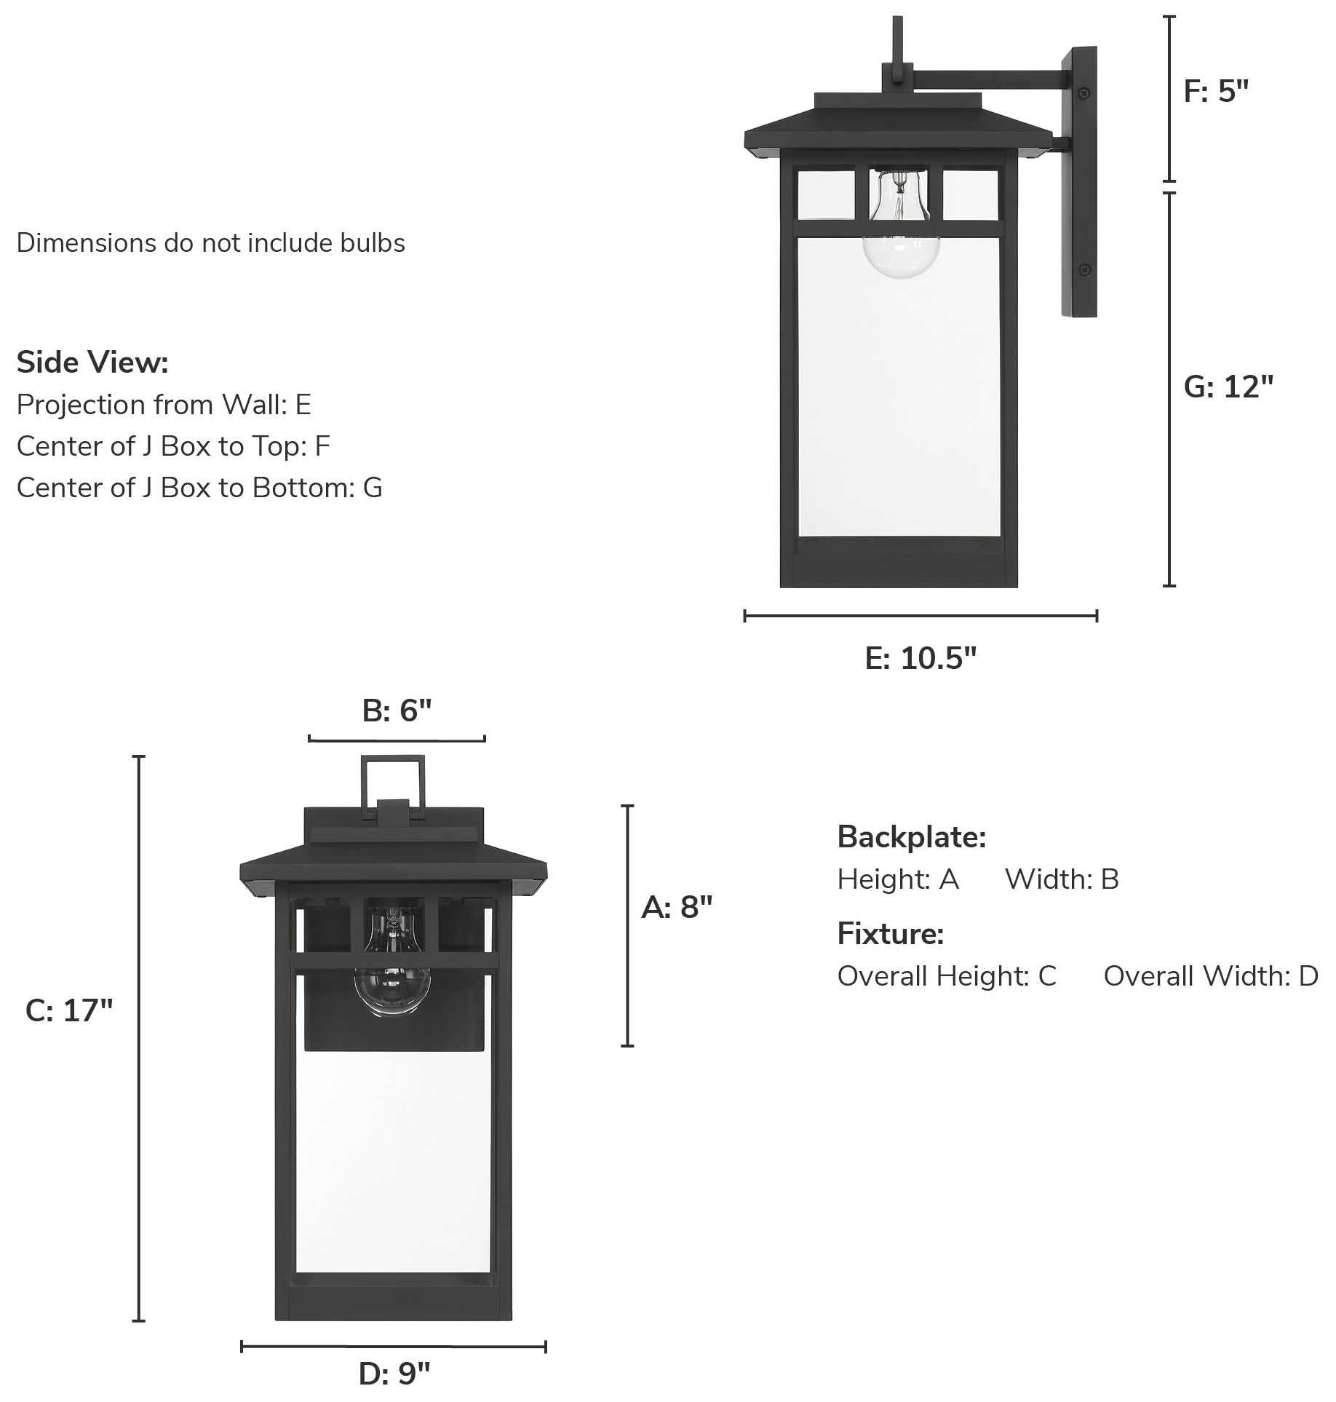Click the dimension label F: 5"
click(1215, 92)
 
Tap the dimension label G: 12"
click(1228, 387)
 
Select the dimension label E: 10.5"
click(921, 658)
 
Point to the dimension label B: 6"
click(397, 710)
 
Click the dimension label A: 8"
click(676, 907)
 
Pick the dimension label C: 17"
click(69, 1010)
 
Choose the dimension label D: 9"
click(394, 1374)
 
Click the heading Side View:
click(92, 362)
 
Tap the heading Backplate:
click(912, 837)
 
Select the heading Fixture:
click(891, 933)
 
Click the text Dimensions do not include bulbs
click(210, 242)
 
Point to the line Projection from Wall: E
click(164, 404)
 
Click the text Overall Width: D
click(1210, 975)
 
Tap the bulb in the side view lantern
click(900, 240)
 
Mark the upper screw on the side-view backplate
click(1083, 93)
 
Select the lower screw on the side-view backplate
click(1083, 269)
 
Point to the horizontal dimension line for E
click(921, 617)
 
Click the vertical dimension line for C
click(138, 1037)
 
